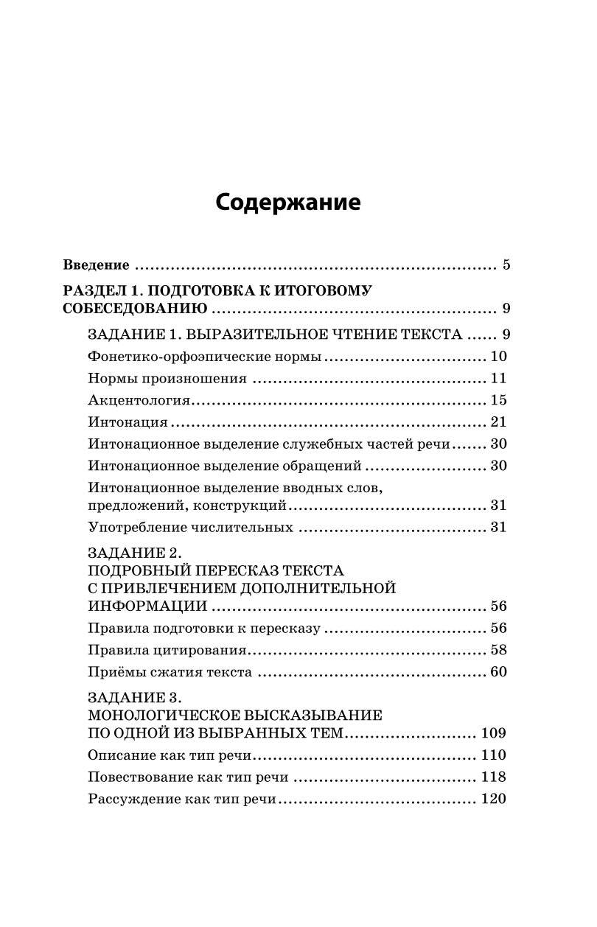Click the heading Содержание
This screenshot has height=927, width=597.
[288, 203]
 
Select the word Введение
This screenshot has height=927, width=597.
[97, 265]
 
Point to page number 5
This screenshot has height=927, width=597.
[506, 265]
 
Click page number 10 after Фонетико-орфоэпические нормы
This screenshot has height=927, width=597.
[498, 357]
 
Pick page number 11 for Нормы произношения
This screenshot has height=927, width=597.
[498, 379]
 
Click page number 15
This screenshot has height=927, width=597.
[498, 401]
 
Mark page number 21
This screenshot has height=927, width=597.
[498, 423]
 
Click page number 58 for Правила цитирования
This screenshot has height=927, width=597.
[498, 651]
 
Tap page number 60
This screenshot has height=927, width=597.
[498, 672]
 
